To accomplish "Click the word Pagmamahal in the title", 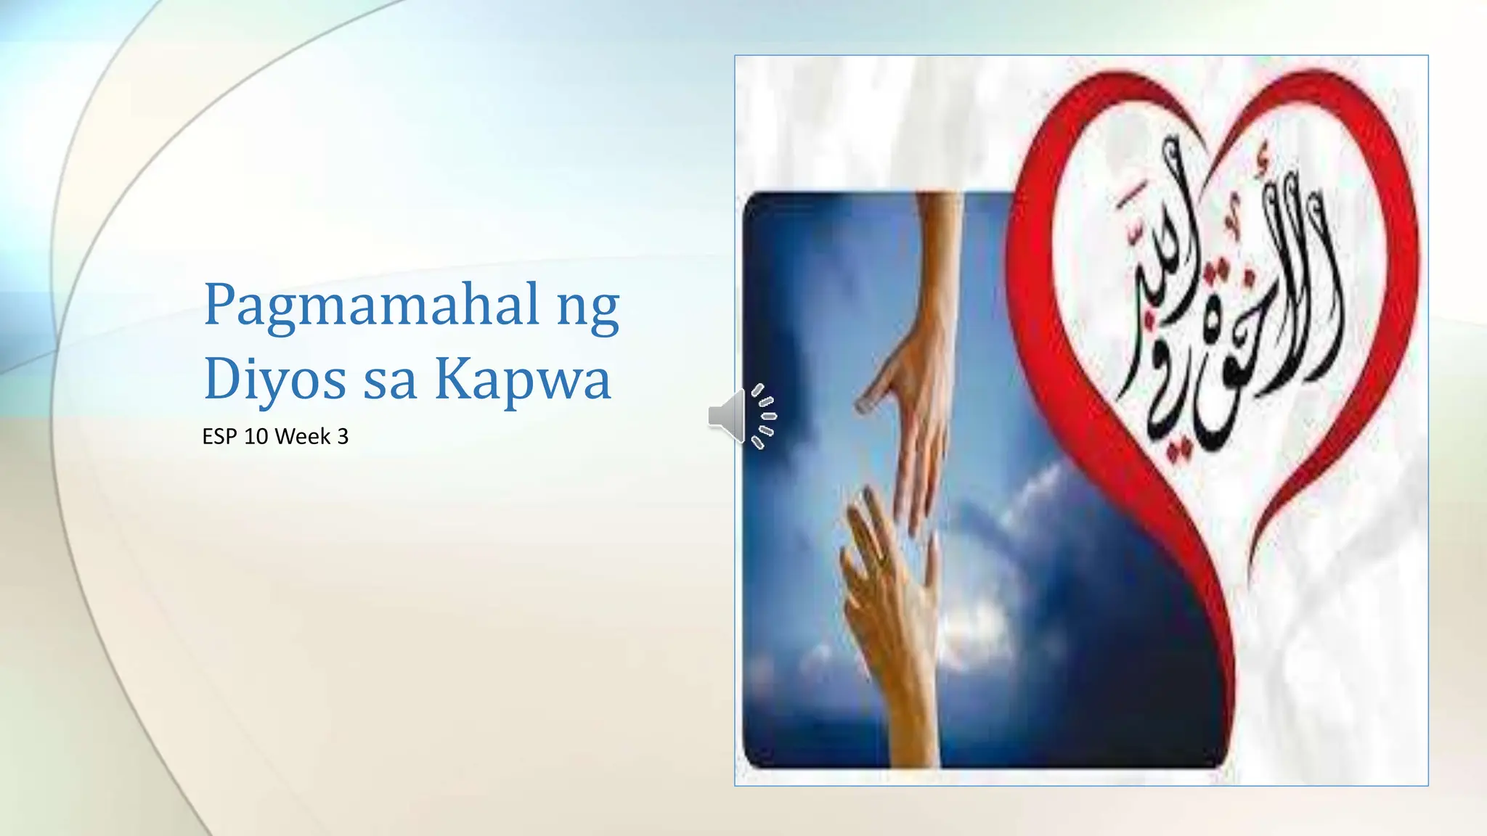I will point(372,305).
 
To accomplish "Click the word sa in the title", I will point(389,382).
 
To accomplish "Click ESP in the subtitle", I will point(220,437).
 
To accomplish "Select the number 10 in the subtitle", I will point(256,437).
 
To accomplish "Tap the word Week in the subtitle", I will point(303,437).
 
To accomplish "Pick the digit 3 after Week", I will point(343,437).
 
